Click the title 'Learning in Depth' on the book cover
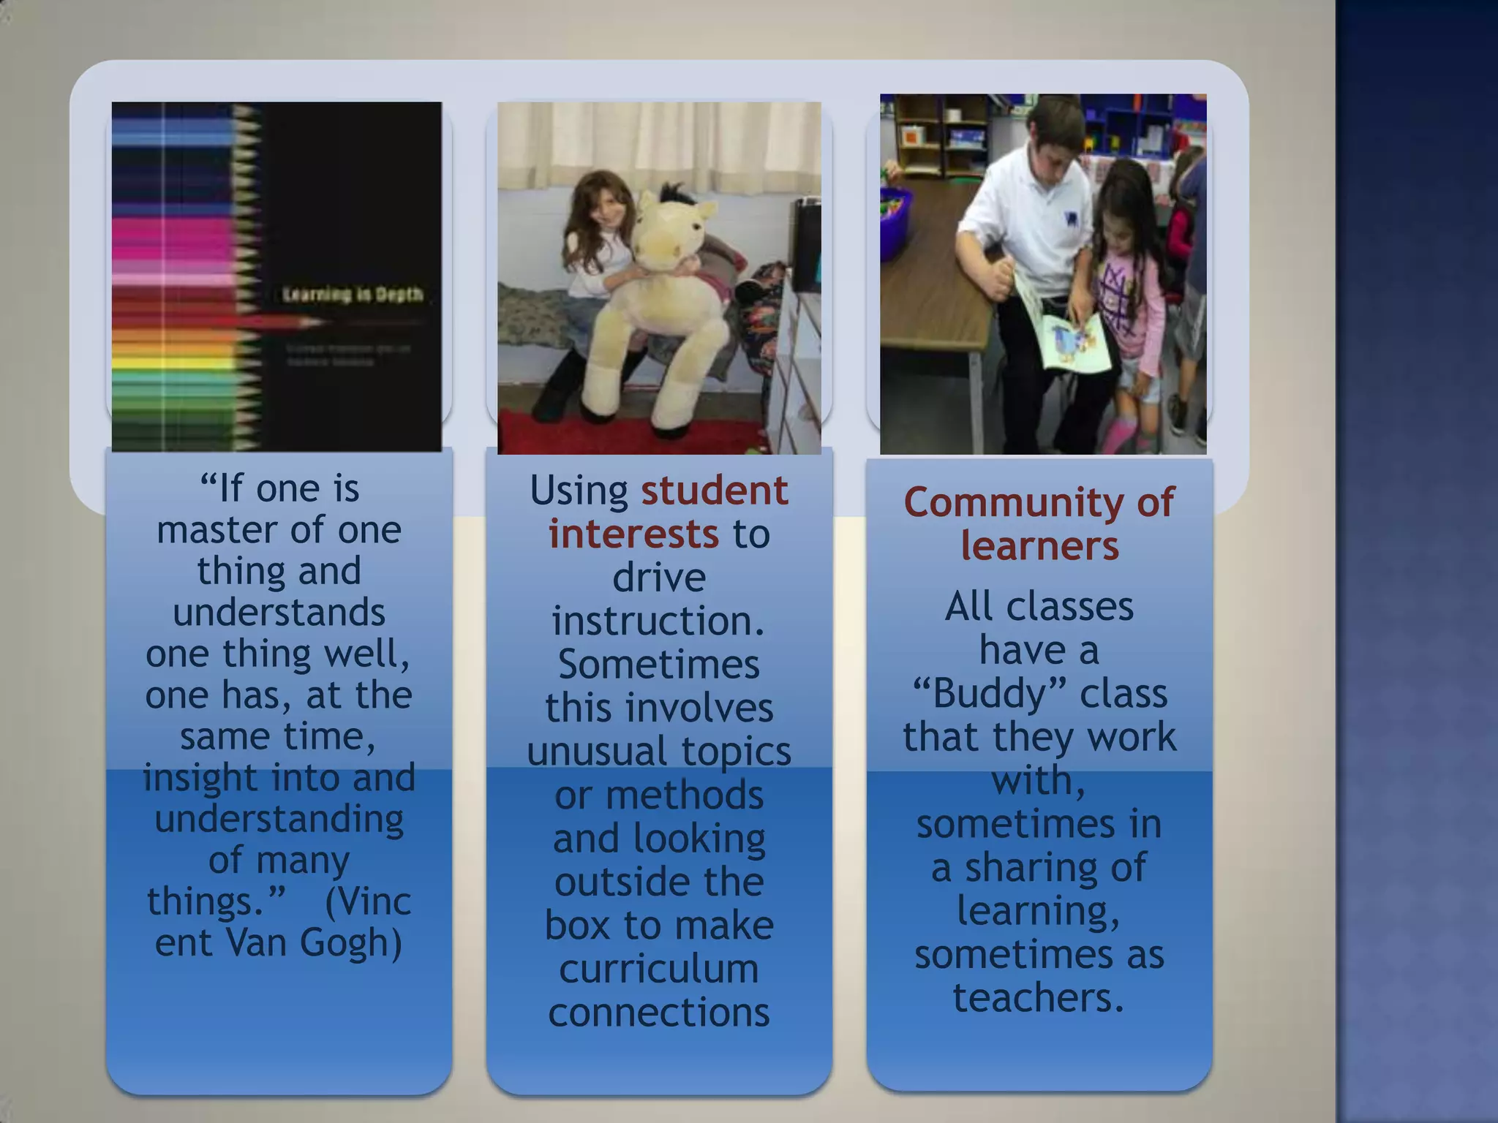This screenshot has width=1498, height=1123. pos(353,294)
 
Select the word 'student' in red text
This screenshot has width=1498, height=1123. pos(715,490)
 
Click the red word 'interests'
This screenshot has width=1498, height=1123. pos(633,534)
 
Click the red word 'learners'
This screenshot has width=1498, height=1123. pos(1039,546)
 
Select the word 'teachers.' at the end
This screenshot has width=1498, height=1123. pos(1039,997)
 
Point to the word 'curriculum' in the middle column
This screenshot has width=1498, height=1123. pos(659,969)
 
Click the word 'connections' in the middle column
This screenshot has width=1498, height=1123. pos(659,1013)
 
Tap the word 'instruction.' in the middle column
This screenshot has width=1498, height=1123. pos(658,621)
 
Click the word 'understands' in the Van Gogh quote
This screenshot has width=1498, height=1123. pos(279,611)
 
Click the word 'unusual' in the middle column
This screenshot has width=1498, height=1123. pos(597,752)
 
